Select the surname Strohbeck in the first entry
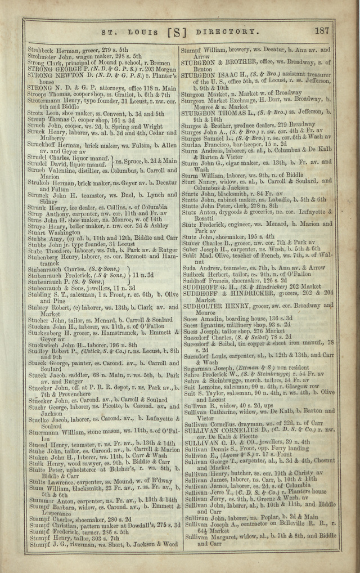point(42,50)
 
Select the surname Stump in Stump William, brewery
point(191,50)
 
